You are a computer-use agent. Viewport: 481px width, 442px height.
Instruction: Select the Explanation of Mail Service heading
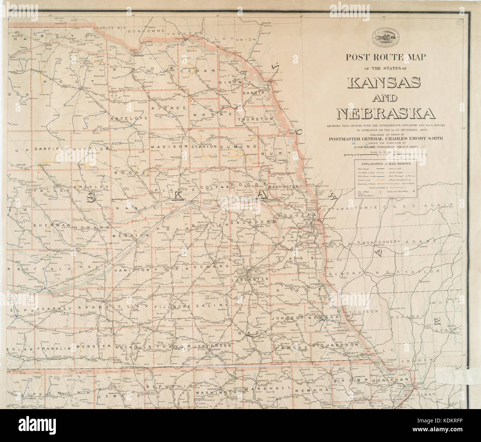(385, 163)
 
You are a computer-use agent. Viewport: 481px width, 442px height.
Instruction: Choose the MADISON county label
(169, 147)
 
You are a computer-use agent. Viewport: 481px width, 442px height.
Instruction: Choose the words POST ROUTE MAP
(386, 57)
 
